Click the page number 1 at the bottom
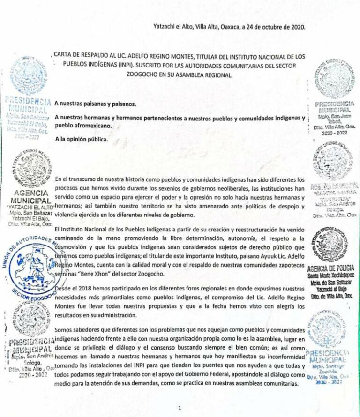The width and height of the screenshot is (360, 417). coord(180,408)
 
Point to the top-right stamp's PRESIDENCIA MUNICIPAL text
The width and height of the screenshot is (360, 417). coord(335,107)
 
